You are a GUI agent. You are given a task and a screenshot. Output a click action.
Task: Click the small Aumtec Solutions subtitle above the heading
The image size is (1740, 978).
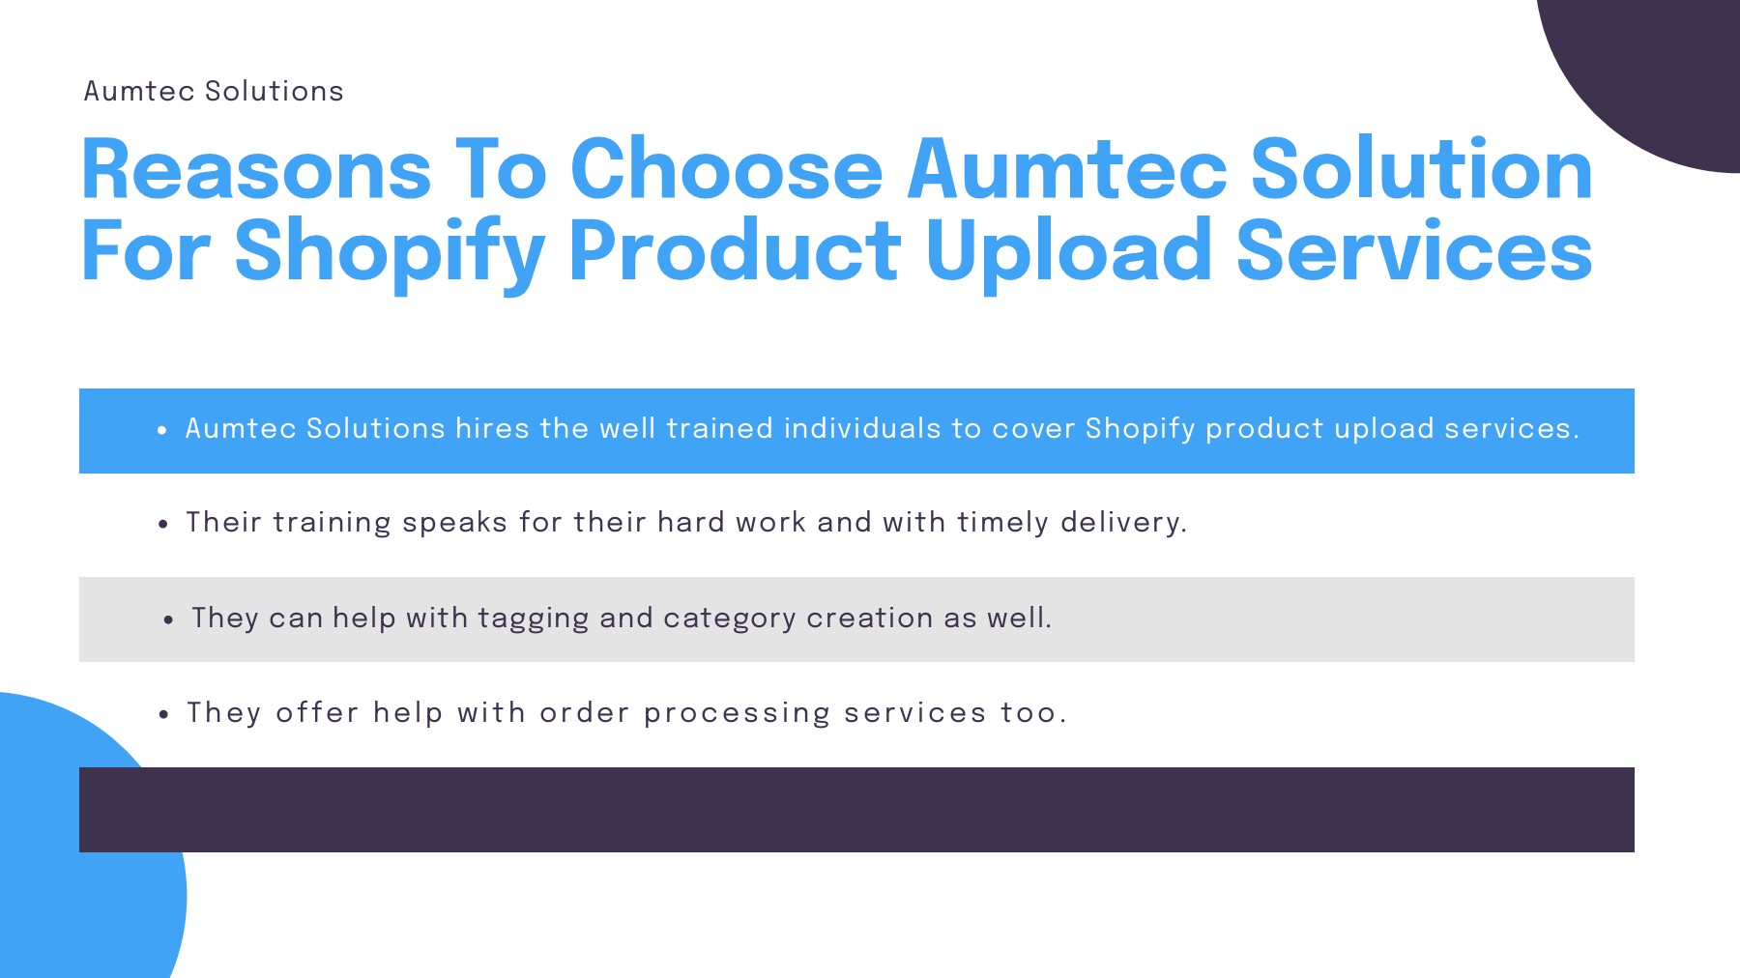pyautogui.click(x=214, y=91)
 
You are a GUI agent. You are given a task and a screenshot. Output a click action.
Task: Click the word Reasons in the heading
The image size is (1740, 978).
pyautogui.click(x=256, y=170)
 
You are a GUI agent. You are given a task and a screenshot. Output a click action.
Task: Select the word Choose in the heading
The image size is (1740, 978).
pyautogui.click(x=727, y=170)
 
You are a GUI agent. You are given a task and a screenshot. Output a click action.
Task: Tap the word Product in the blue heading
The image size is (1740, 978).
pyautogui.click(x=735, y=251)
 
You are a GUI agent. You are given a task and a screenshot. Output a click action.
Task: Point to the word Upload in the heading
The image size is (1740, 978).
pyautogui.click(x=1068, y=251)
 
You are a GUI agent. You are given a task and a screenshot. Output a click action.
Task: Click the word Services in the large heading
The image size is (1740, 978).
pyautogui.click(x=1414, y=251)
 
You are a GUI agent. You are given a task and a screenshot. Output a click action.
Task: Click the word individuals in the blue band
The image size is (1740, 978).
pyautogui.click(x=862, y=428)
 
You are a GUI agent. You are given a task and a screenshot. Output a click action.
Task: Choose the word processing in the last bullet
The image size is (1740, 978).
pyautogui.click(x=737, y=713)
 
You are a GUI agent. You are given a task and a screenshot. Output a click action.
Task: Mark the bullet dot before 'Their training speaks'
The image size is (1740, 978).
pyautogui.click(x=163, y=524)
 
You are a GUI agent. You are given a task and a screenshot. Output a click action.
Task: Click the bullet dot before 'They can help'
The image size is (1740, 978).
pyautogui.click(x=168, y=619)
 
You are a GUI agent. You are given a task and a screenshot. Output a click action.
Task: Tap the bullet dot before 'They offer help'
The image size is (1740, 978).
pyautogui.click(x=163, y=714)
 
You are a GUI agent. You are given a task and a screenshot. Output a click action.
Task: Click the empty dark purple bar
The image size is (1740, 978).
pyautogui.click(x=856, y=810)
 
